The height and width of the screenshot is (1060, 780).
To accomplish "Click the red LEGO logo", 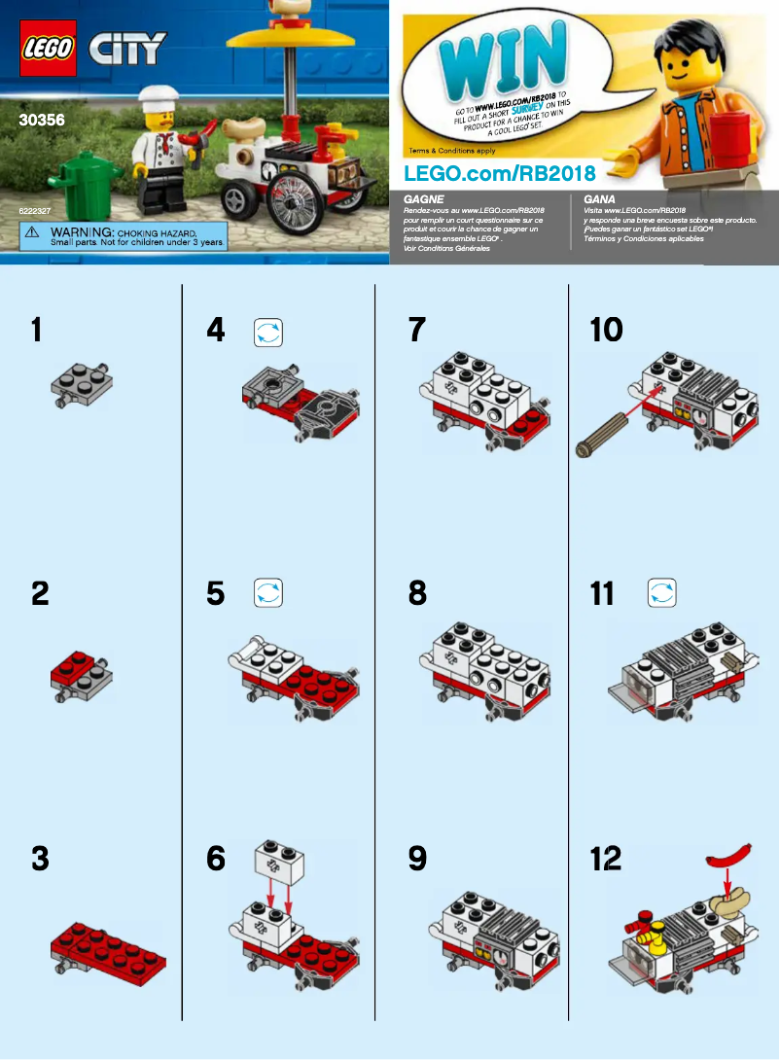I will click(48, 48).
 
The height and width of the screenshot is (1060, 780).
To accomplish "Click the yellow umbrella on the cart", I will click(292, 39).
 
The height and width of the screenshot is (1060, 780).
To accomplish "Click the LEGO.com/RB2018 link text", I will click(499, 172).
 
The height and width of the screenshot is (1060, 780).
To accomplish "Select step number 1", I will click(37, 331).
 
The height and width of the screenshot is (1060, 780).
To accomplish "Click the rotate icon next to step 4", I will click(267, 333).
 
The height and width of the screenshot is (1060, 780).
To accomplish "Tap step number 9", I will click(417, 859).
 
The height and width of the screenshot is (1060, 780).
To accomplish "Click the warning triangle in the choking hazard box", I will click(33, 232).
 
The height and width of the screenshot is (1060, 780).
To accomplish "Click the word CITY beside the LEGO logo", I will click(128, 48).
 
